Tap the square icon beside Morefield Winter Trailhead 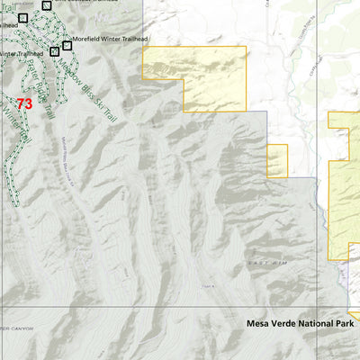67,45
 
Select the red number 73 24,104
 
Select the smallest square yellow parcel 276,161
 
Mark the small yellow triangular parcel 355,316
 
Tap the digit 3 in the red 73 28,104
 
